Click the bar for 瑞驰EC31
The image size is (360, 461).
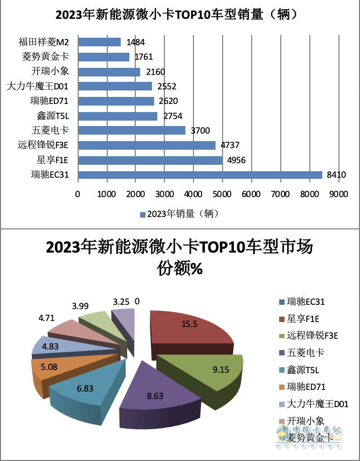(200, 174)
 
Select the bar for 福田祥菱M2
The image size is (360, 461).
(99, 42)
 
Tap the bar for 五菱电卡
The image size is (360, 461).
(131, 130)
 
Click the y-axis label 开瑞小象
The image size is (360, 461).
(54, 72)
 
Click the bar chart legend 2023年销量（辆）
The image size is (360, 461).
(181, 214)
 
